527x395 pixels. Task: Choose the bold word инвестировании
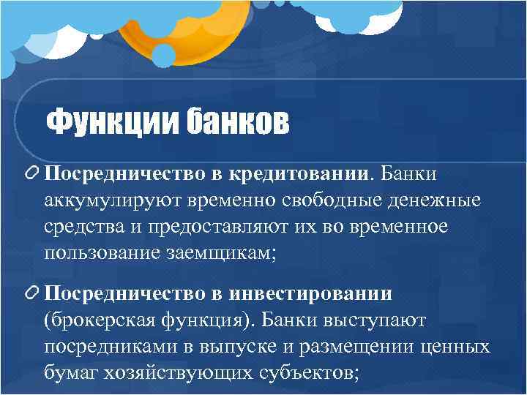coord(321,293)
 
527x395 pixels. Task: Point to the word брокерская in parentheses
coord(102,320)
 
